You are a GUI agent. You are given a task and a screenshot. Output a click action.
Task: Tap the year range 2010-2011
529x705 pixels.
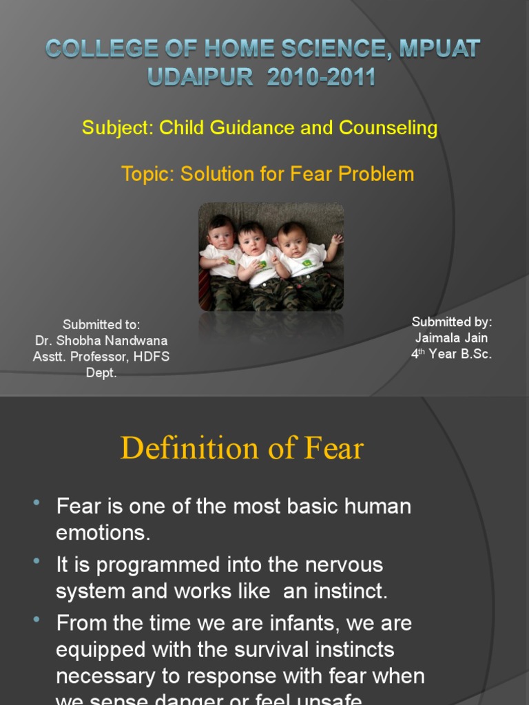(322, 76)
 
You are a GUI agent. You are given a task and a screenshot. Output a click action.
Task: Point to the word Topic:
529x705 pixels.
(148, 174)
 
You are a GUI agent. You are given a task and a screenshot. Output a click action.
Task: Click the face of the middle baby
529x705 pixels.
(252, 240)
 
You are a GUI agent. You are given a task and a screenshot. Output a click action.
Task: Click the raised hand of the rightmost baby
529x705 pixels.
(336, 240)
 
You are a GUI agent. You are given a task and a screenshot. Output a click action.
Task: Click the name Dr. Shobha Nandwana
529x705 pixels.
(101, 341)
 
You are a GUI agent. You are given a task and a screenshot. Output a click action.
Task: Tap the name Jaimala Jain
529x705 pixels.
(452, 338)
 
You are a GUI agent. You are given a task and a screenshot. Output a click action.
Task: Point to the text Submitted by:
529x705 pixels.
(452, 322)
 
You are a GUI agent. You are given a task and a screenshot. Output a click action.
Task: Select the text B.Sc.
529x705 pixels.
(473, 355)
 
